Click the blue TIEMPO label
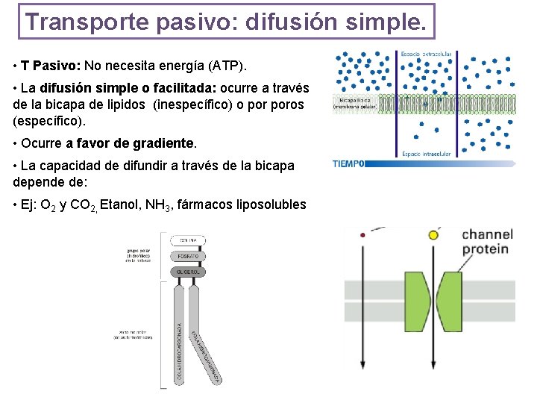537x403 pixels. (x=348, y=164)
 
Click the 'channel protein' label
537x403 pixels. (x=486, y=242)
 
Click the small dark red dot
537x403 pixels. (x=362, y=234)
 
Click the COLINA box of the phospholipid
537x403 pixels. (x=188, y=240)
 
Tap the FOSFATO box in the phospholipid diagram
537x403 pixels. (x=188, y=256)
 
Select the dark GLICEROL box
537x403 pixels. (x=188, y=272)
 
